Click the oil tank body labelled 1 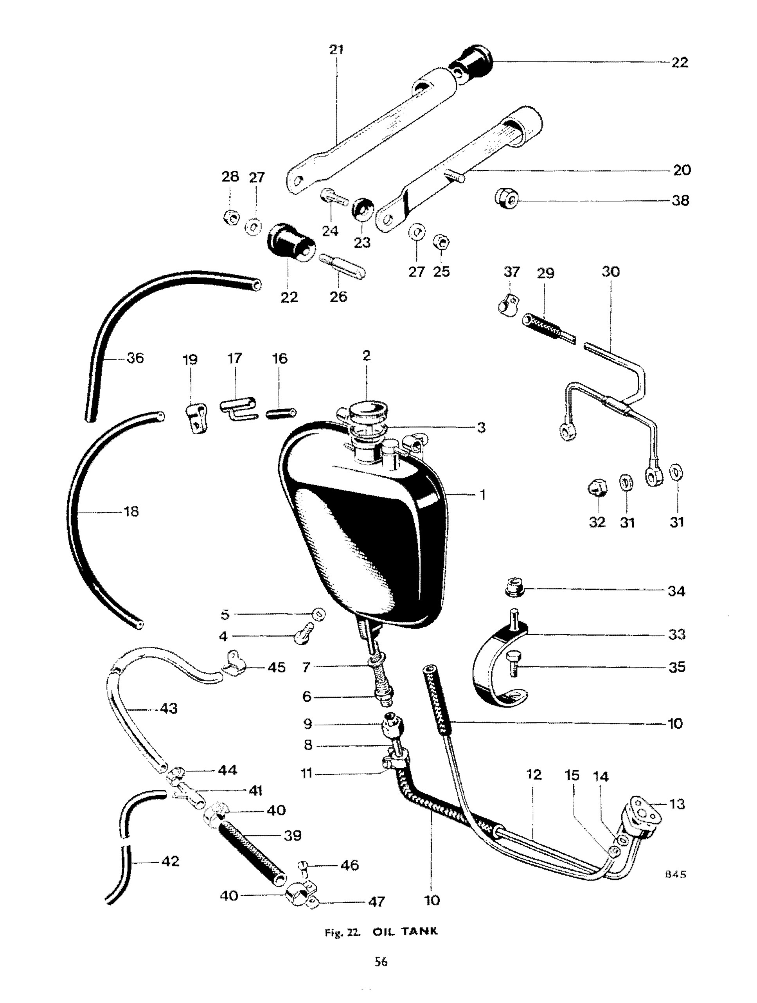(363, 526)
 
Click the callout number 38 (680, 200)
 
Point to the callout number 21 (336, 49)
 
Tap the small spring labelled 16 (281, 413)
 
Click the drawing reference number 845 (675, 874)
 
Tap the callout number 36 (135, 358)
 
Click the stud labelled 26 (342, 267)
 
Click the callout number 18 (131, 511)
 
